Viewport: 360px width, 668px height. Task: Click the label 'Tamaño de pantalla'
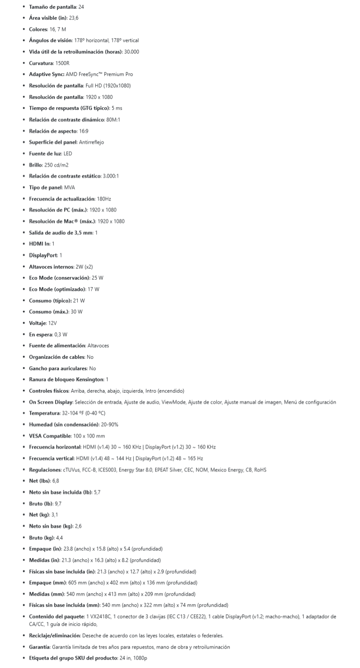(52, 7)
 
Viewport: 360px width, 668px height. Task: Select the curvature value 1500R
(62, 63)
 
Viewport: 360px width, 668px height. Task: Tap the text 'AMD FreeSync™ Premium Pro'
(99, 74)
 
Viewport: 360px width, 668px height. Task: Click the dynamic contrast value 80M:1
(113, 119)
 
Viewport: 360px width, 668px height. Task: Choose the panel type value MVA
(69, 187)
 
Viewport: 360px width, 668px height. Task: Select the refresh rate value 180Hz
(104, 199)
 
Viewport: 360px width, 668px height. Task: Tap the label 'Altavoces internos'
(51, 267)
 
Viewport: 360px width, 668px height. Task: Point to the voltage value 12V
(52, 323)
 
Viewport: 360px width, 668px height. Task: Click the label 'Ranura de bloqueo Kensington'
(66, 379)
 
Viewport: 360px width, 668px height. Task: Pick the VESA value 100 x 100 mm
(89, 436)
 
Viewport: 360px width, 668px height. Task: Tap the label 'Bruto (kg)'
(41, 538)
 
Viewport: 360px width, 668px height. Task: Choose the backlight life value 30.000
(132, 52)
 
